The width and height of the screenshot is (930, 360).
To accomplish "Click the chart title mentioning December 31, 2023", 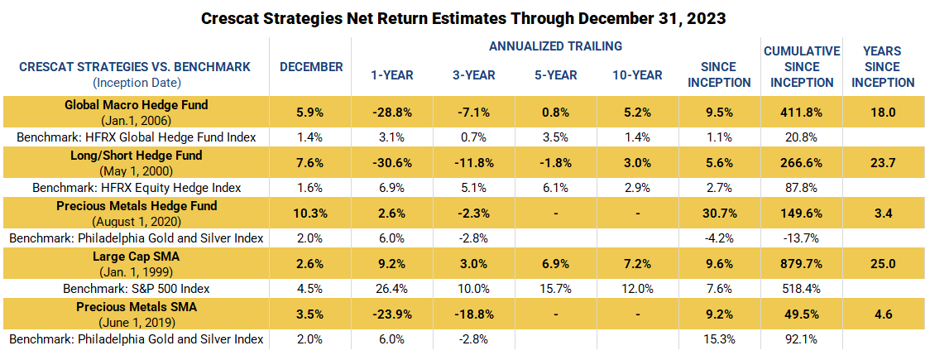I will click(464, 17).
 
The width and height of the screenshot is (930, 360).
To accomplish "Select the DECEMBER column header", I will click(311, 66).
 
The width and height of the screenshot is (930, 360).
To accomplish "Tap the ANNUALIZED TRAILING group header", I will click(555, 46).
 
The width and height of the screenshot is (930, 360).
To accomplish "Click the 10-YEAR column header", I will click(637, 75).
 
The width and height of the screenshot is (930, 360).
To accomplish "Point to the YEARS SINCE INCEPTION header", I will click(883, 67).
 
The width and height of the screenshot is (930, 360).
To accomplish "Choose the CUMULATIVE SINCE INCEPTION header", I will click(801, 67).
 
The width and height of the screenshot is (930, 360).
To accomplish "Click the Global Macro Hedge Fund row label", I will click(137, 105).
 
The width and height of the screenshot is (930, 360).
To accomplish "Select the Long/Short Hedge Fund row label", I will click(137, 156).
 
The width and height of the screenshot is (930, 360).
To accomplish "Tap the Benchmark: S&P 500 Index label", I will click(137, 289).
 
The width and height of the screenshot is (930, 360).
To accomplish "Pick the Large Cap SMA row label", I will click(137, 257).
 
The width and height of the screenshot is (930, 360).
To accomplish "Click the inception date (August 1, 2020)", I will click(137, 220).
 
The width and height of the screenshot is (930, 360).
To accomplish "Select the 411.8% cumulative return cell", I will click(801, 113).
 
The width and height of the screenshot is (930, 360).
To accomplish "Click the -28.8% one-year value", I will click(391, 113).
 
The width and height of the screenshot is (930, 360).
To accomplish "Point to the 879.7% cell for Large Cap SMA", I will click(801, 264).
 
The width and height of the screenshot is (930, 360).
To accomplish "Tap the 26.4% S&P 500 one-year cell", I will click(391, 289).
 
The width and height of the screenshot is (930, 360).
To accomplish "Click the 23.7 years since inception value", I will click(883, 163).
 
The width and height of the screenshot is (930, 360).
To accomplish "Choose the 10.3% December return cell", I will click(311, 214).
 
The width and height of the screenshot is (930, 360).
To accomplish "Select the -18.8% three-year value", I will click(473, 314).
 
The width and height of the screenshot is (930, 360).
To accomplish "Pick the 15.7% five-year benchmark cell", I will click(555, 289).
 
